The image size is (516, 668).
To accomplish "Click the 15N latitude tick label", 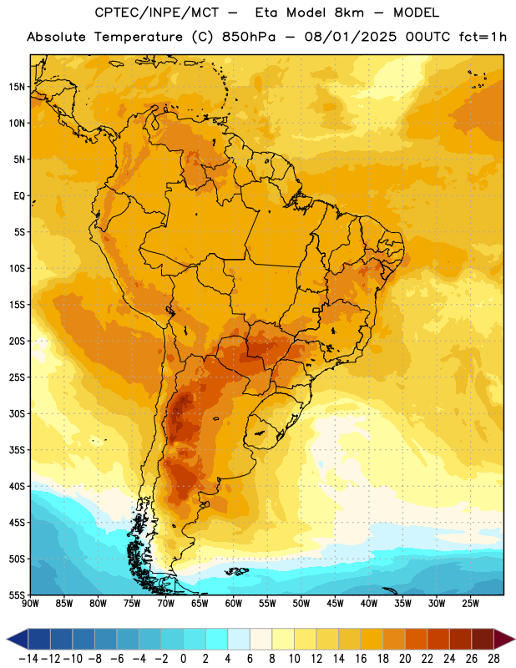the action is coord(17,87).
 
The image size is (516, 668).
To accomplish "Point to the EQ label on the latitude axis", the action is coord(19,196).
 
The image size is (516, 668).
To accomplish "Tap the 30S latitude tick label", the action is coord(17,413).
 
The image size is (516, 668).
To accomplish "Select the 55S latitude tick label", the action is coord(17,595).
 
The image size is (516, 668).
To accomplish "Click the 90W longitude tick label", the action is coord(30,604).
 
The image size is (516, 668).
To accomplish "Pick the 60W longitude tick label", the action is coord(234,604).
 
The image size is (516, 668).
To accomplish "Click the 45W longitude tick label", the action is coord(335,604).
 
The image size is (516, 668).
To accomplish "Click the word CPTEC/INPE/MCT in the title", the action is coord(156,13).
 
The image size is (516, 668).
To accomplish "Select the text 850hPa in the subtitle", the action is coord(249,37).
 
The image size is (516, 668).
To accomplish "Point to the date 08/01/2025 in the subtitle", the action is coord(350,37).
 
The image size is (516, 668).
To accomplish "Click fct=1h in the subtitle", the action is coord(483,37).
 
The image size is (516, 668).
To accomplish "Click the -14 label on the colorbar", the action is coord(28,659).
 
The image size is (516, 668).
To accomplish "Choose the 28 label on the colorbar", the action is coord(493,659).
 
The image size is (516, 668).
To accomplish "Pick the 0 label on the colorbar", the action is coord(183,659).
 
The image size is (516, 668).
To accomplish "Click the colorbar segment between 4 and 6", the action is coord(239,639).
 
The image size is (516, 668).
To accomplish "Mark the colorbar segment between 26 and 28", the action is coord(483,639).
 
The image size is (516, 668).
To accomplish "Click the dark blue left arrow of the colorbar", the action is coord(18,639).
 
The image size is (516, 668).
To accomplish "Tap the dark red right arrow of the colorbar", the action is coord(504,639).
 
